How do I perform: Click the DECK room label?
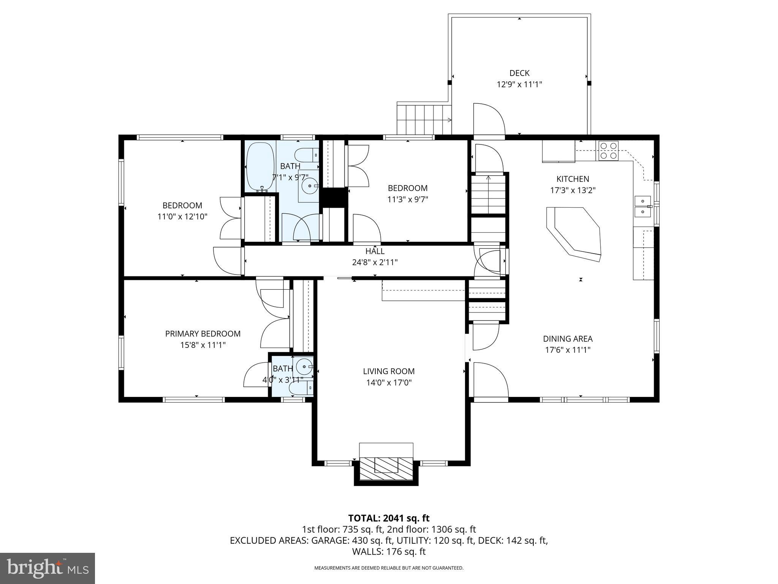click(x=519, y=73)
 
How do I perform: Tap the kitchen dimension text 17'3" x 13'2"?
click(x=572, y=190)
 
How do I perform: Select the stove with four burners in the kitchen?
click(x=608, y=151)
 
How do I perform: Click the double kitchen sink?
click(x=642, y=206)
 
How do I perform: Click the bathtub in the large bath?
click(x=261, y=167)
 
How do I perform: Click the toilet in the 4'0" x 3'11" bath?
click(x=300, y=388)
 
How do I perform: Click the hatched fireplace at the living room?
click(x=386, y=470)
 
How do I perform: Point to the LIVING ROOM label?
click(x=389, y=371)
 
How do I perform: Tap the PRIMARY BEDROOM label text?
click(x=202, y=333)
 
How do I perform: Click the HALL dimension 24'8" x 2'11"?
click(x=375, y=262)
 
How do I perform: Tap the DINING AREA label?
click(x=568, y=338)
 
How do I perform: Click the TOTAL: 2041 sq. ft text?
click(x=389, y=518)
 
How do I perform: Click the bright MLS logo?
click(x=47, y=568)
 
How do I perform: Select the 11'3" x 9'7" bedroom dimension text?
click(x=408, y=199)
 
